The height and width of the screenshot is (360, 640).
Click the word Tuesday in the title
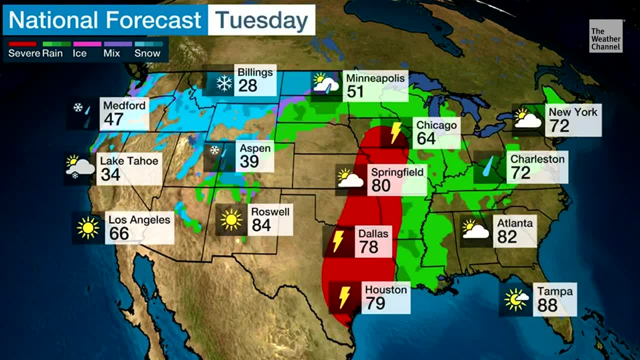tap(261, 20)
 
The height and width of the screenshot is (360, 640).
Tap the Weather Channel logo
tap(605, 36)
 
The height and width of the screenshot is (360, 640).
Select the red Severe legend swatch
tap(22, 44)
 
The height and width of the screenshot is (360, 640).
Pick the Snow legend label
tap(147, 53)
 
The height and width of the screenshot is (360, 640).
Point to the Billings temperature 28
tap(247, 86)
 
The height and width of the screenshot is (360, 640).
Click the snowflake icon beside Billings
tap(224, 83)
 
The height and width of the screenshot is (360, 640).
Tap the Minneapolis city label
tap(375, 78)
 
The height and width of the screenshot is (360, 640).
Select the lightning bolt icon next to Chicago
tap(395, 132)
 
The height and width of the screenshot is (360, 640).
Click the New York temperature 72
tap(559, 126)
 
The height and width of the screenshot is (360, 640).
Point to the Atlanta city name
tap(514, 223)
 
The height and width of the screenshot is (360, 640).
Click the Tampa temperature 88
tap(547, 305)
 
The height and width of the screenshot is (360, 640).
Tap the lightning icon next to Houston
tap(344, 297)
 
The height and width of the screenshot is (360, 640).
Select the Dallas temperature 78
tap(368, 247)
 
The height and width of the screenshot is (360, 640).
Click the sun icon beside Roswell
tap(231, 219)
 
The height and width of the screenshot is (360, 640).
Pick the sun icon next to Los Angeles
tap(88, 228)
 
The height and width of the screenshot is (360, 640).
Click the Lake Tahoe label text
tap(129, 161)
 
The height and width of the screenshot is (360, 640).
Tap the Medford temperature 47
tap(113, 120)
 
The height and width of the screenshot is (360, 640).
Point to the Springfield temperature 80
tap(381, 186)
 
